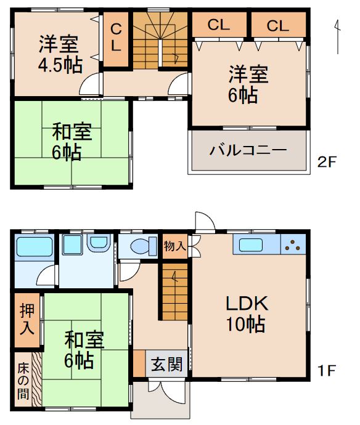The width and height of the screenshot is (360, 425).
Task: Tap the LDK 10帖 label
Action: (245, 313)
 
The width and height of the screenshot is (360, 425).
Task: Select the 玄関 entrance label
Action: (167, 364)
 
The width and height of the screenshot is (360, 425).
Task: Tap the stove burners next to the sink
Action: (293, 245)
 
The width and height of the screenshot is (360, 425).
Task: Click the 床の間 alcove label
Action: (22, 381)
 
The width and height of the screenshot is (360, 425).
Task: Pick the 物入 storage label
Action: (175, 246)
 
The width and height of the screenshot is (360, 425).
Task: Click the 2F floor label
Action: (327, 163)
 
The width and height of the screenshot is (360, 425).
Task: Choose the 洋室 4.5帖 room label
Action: (60, 54)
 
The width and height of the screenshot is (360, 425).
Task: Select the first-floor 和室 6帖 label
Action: (85, 349)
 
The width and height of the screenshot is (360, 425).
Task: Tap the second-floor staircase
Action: (161, 39)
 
